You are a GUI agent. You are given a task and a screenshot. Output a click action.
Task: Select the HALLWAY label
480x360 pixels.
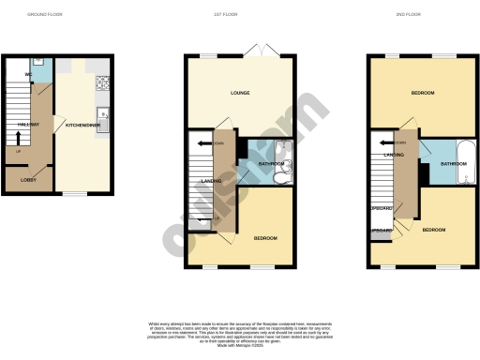click(28, 123)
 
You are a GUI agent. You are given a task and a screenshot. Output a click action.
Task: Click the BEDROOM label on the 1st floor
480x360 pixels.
click(265, 238)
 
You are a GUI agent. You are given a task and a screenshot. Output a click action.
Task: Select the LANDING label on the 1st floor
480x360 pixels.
click(211, 181)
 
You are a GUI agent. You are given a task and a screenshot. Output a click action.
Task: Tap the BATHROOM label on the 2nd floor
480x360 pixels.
click(454, 163)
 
